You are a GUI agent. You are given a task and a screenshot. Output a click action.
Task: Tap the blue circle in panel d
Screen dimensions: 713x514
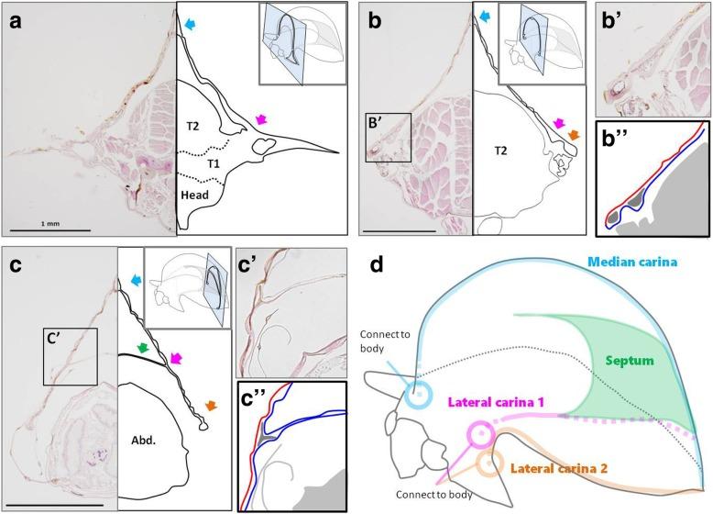click(417, 395)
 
